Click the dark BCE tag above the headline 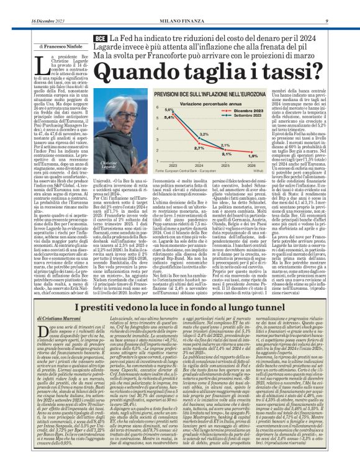(99, 38)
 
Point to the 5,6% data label (167, 109)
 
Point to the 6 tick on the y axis (158, 106)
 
